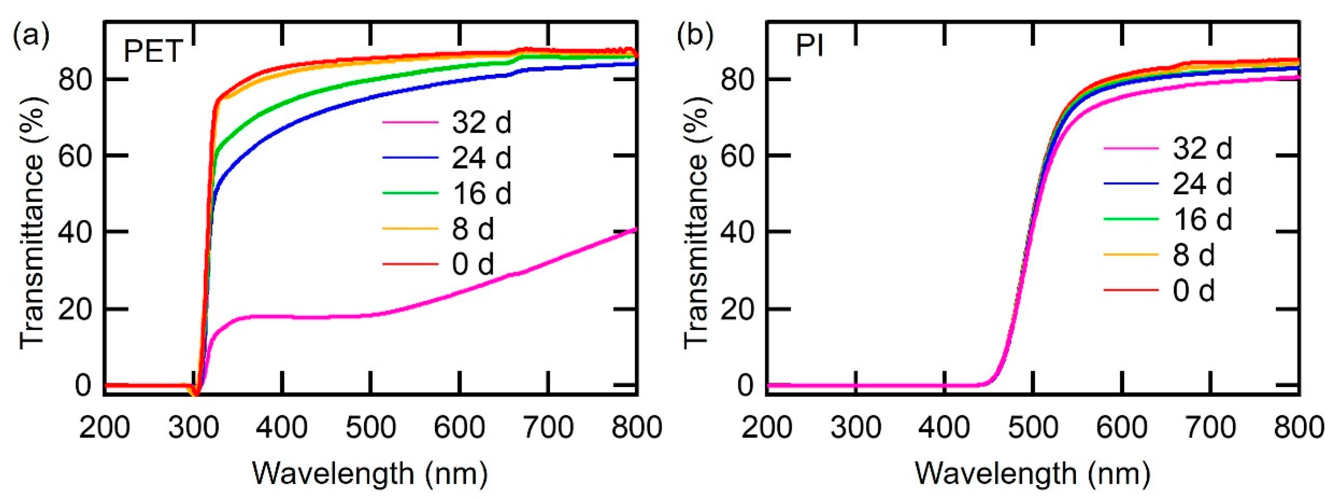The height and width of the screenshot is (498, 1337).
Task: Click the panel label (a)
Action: pyautogui.click(x=31, y=35)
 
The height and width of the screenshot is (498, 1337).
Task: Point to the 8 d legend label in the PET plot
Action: pyautogui.click(x=473, y=229)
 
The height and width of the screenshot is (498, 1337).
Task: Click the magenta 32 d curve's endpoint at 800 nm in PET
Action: pyautogui.click(x=635, y=229)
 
